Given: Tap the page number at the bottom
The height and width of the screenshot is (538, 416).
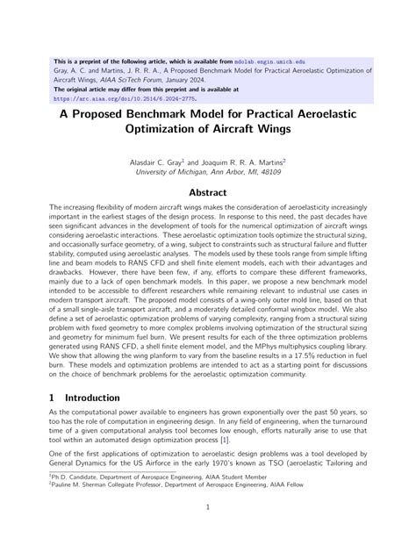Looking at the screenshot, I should click(208, 507).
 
